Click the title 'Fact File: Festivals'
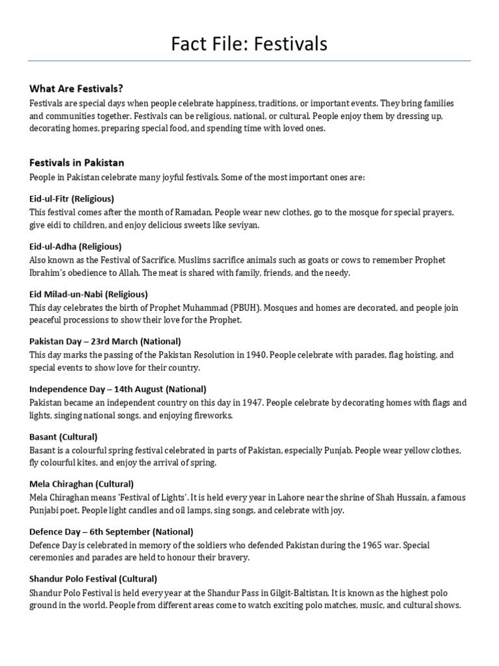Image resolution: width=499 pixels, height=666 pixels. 249,44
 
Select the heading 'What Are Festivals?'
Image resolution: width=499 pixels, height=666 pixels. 76,88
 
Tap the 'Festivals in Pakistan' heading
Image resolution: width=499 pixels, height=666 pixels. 77,163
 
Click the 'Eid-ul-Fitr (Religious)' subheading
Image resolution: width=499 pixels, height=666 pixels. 71,198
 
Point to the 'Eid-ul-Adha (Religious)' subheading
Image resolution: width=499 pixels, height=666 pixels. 75,246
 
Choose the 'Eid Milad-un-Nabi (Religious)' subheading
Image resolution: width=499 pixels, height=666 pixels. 88,294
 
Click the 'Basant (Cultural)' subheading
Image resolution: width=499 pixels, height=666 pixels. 64,436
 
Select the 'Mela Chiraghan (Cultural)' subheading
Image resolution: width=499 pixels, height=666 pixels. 82,484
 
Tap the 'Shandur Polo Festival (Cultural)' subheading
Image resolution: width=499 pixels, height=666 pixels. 94,578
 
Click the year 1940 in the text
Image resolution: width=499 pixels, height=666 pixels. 255,355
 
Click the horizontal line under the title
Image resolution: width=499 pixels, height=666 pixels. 249,61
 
